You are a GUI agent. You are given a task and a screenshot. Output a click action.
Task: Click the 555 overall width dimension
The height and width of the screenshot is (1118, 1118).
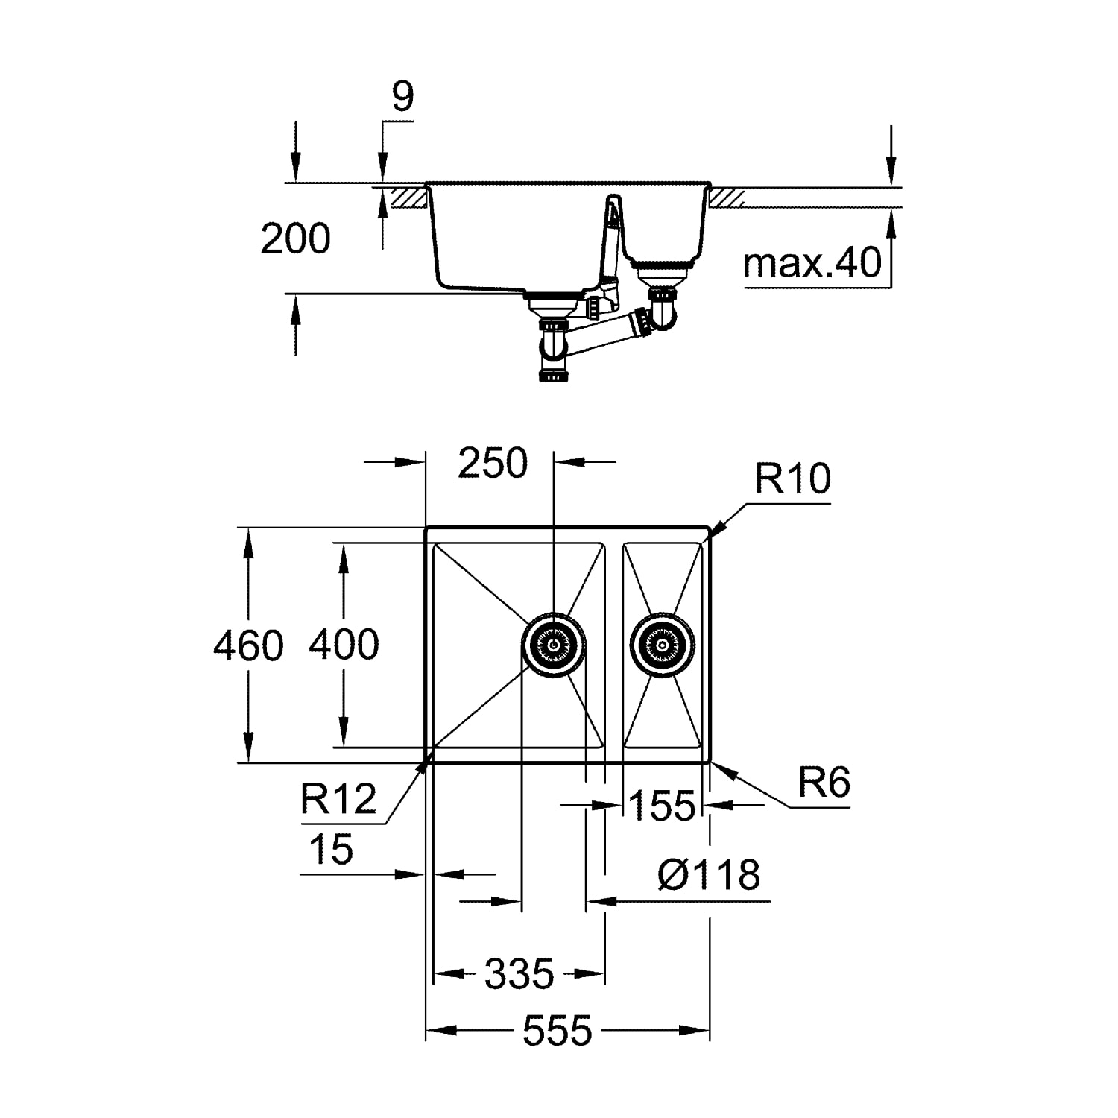click(557, 1031)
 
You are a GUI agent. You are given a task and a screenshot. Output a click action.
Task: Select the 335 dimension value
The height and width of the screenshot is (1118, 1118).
click(519, 973)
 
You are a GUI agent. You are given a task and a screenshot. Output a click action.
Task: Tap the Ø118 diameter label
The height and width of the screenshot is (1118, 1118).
click(709, 874)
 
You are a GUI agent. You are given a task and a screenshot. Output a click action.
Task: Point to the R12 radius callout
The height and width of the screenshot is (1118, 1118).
click(338, 799)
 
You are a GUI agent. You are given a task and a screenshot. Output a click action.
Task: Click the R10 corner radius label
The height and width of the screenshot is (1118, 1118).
click(792, 478)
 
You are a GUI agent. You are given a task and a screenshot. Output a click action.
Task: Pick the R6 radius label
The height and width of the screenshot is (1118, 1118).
click(824, 782)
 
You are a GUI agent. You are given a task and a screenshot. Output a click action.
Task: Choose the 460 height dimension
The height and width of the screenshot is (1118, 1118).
click(248, 645)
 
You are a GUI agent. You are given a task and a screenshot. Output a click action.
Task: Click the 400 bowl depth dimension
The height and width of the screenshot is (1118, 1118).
click(344, 644)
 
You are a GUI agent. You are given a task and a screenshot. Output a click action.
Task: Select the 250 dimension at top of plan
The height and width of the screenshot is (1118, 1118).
click(493, 463)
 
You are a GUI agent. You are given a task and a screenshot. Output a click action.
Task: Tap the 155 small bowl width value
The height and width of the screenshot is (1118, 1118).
click(662, 805)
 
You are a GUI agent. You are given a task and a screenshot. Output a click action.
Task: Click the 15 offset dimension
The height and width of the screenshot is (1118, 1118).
click(331, 849)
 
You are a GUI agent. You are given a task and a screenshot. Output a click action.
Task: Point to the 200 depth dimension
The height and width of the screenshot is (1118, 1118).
click(295, 239)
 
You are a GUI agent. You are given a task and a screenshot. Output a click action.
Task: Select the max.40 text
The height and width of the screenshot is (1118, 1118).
click(812, 263)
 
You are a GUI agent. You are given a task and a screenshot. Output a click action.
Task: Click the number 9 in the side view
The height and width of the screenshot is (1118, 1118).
click(402, 97)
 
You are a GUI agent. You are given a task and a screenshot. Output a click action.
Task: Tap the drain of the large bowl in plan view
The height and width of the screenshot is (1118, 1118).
click(553, 645)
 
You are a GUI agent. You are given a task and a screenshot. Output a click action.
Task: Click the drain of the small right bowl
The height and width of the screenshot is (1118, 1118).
click(662, 644)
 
